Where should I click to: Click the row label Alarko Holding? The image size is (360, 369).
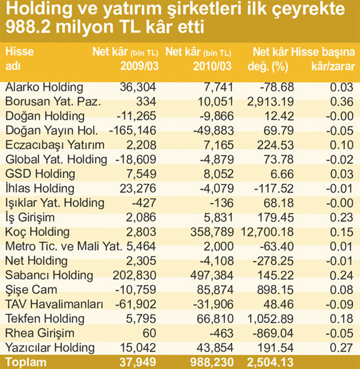[44, 88]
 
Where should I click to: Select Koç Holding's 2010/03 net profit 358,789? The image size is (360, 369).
[212, 232]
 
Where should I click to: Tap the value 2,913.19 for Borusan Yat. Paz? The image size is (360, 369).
[270, 102]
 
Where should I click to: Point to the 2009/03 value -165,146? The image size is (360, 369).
[132, 130]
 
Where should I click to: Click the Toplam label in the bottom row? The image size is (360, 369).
[26, 362]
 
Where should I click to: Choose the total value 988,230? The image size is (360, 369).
[212, 362]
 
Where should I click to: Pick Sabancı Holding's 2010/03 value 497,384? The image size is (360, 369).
[212, 275]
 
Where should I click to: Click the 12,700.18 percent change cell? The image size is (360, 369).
[267, 232]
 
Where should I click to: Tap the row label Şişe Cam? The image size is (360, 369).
[31, 290]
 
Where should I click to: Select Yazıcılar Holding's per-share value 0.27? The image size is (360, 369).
[342, 348]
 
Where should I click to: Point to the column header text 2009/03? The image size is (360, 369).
[139, 66]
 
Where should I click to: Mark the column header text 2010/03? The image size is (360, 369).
[212, 66]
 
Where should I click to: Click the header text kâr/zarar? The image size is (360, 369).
[333, 66]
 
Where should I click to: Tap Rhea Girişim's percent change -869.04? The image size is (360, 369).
[273, 334]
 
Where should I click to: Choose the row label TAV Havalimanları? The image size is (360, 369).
[54, 305]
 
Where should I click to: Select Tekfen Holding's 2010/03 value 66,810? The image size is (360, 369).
[215, 319]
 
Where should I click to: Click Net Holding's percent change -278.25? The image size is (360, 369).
[273, 262]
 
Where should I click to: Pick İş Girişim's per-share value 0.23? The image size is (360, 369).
[342, 218]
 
